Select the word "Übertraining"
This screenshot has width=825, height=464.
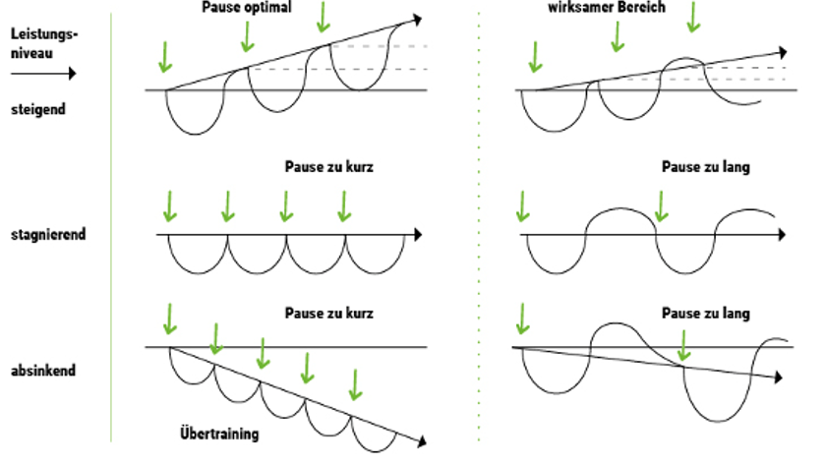(x=220, y=433)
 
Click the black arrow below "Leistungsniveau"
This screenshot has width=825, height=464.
(x=34, y=72)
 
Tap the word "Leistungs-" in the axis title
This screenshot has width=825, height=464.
(x=42, y=32)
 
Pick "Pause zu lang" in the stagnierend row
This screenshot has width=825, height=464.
(x=706, y=167)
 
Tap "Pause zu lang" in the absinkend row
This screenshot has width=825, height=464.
(x=706, y=314)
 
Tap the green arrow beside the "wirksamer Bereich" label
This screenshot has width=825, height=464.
(x=695, y=16)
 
